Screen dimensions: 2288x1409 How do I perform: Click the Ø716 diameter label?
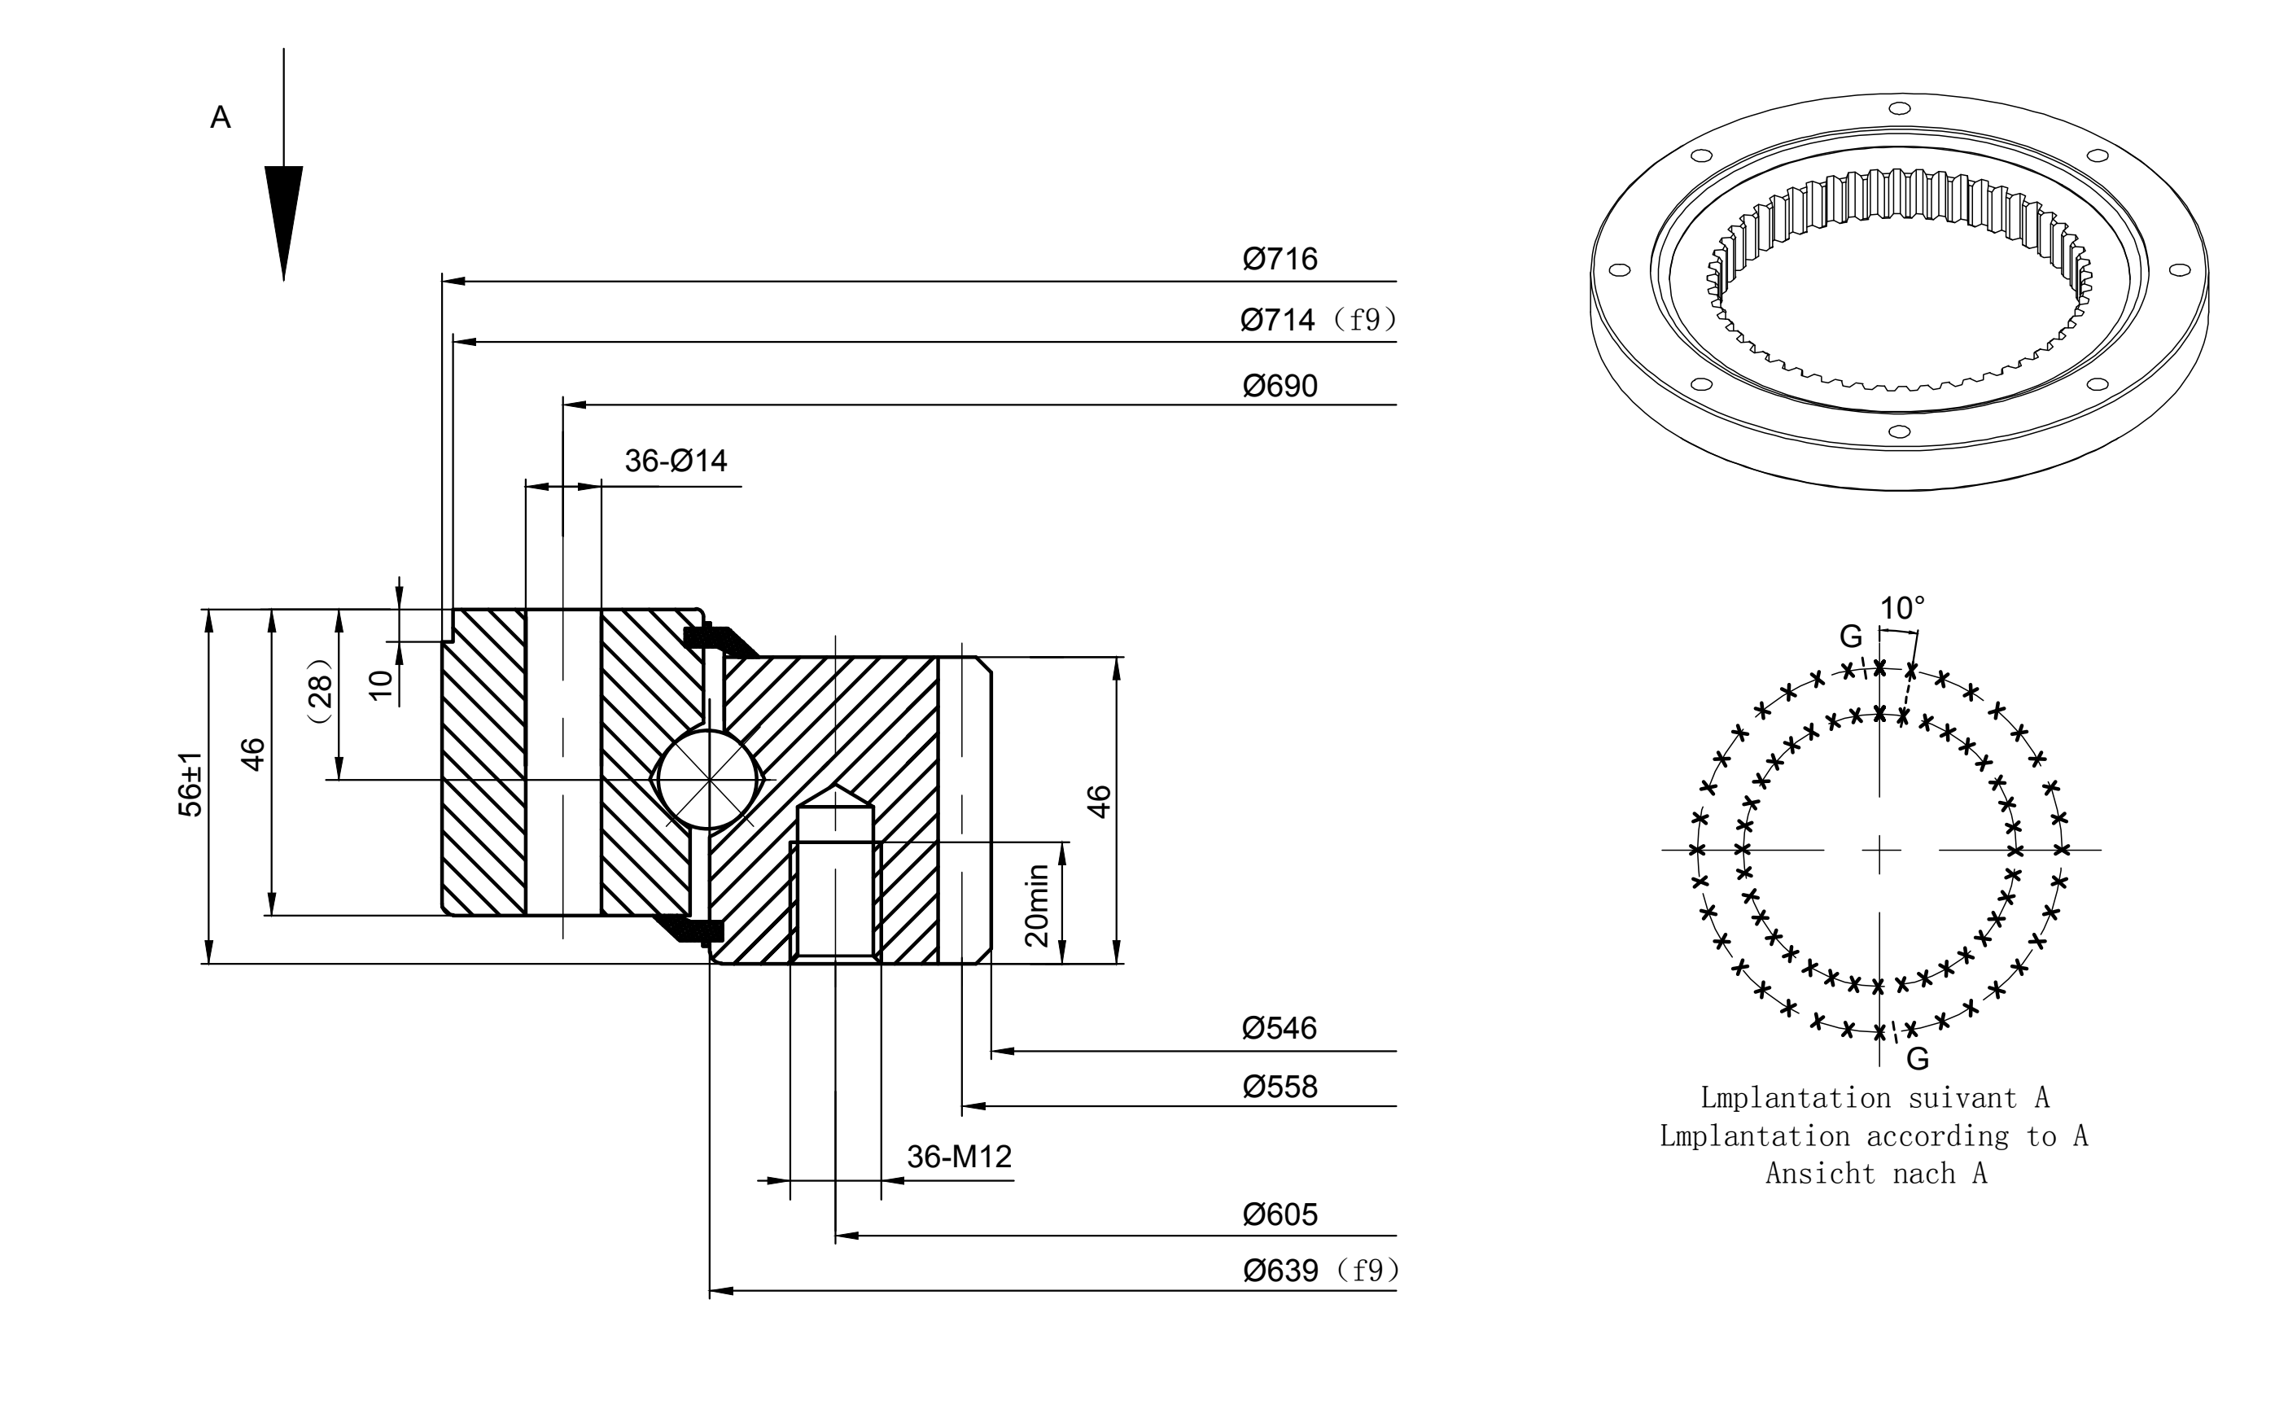point(1280,258)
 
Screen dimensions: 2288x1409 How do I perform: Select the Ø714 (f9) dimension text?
point(1319,320)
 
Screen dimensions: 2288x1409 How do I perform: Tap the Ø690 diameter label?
point(1280,386)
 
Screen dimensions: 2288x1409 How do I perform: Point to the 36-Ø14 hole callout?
point(676,461)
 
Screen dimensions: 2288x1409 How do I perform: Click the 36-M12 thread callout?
point(959,1157)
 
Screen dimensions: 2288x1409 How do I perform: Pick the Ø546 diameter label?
point(1280,1028)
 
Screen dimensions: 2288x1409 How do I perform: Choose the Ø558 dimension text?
point(1280,1087)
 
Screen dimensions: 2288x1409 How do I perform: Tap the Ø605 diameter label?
point(1280,1214)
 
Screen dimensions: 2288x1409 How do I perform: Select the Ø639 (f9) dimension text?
point(1321,1270)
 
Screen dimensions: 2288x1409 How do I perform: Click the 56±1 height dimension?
point(190,784)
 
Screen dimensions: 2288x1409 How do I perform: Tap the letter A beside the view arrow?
point(221,117)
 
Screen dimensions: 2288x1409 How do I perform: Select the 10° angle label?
point(1901,609)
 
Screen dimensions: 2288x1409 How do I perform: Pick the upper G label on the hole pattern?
point(1850,637)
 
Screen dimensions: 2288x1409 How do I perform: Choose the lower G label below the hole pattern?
point(1917,1059)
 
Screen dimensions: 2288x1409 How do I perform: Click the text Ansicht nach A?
point(1876,1173)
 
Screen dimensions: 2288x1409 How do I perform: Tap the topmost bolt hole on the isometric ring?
point(1900,108)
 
